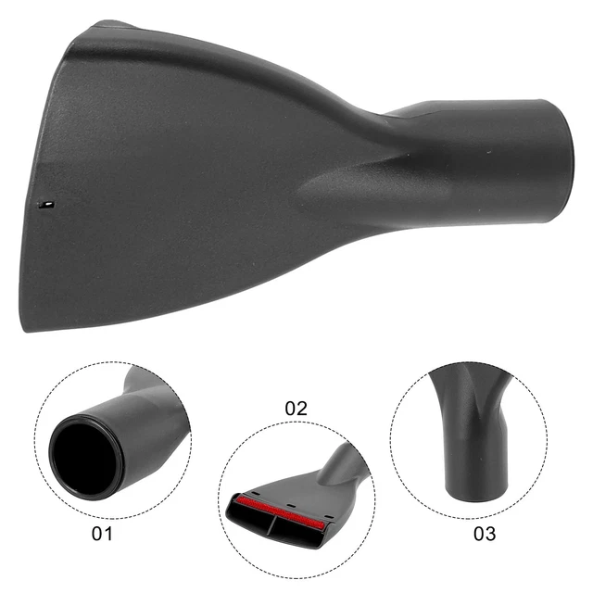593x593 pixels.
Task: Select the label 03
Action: [484, 534]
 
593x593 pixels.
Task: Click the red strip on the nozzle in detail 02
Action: [278, 507]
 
